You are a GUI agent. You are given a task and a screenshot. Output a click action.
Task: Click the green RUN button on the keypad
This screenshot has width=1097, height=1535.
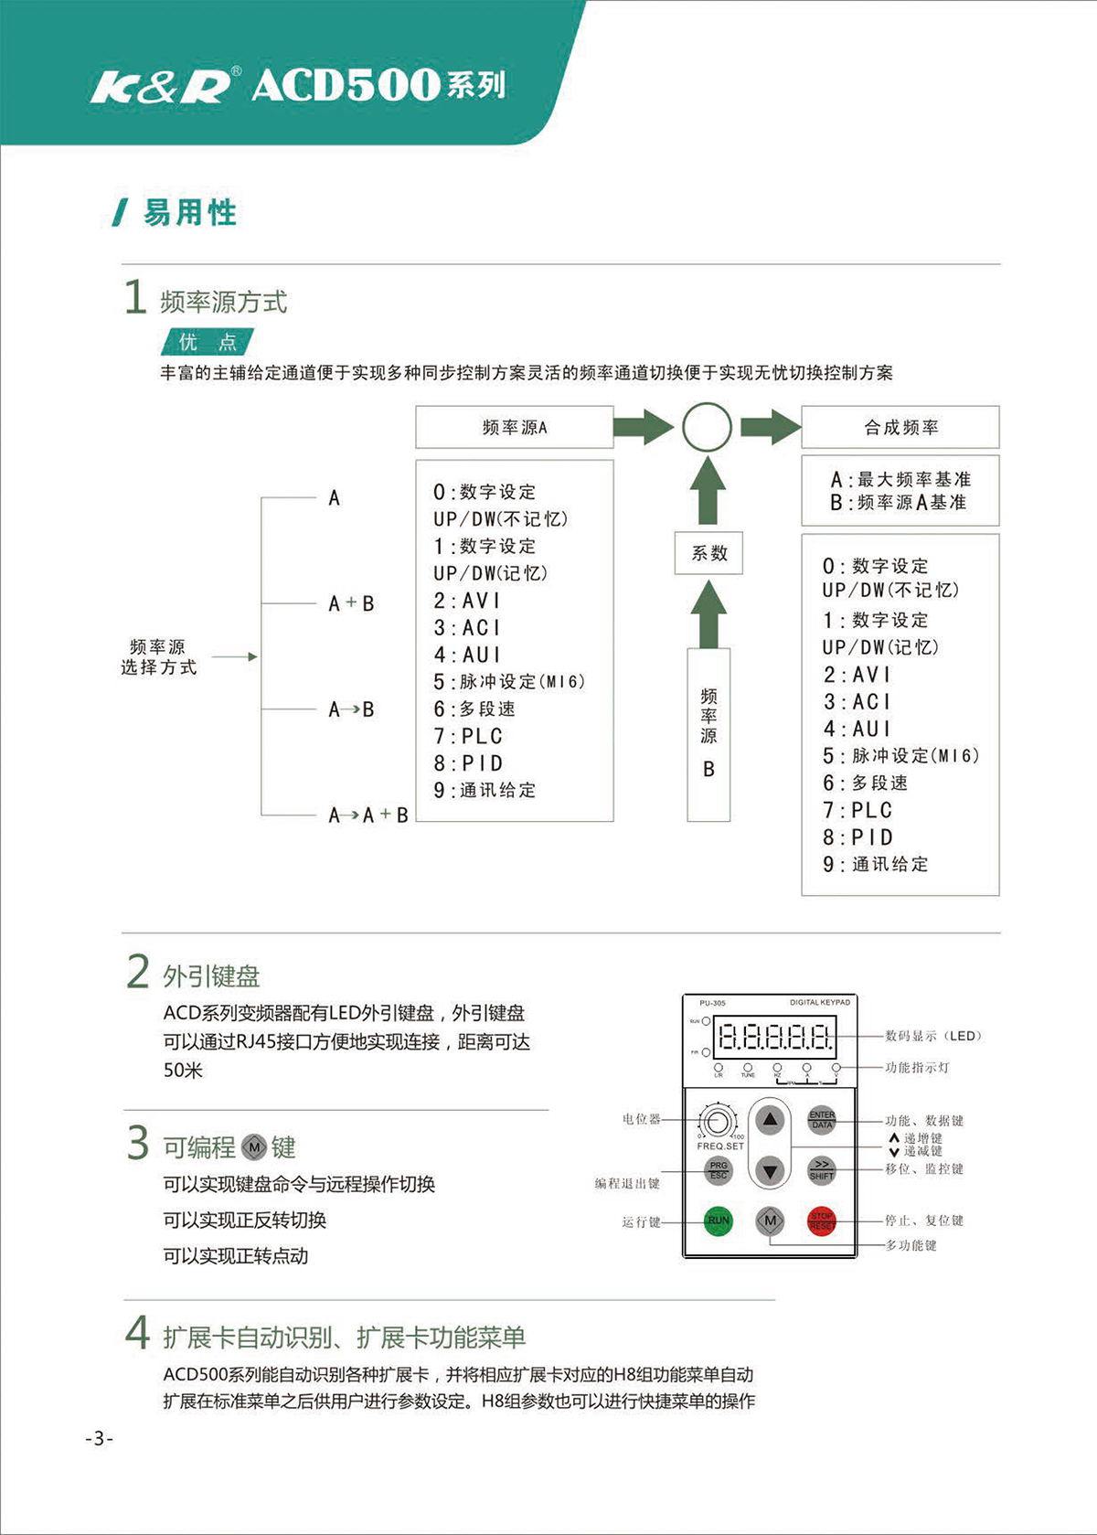pos(719,1220)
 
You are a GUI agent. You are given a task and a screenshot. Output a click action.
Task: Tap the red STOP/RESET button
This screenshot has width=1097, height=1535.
pos(821,1220)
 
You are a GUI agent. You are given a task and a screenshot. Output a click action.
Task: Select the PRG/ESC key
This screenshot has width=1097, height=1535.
pos(719,1169)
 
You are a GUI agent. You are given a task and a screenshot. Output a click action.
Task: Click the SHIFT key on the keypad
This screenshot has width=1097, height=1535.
pos(821,1169)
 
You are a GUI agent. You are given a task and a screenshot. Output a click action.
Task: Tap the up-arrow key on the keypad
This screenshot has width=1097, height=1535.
pos(770,1119)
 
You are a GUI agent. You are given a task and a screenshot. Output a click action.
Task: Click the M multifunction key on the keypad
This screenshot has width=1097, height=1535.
pos(770,1220)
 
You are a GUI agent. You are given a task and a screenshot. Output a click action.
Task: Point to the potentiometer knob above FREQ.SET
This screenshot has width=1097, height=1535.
pos(719,1120)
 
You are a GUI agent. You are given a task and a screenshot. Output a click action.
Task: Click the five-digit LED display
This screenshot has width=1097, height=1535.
pos(775,1037)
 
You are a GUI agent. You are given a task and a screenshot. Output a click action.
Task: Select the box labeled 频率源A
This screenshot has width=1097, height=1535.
pos(514,427)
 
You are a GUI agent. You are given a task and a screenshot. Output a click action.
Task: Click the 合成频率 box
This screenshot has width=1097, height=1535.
pos(900,427)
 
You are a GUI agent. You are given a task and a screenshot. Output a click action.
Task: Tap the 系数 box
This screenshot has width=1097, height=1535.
pos(708,553)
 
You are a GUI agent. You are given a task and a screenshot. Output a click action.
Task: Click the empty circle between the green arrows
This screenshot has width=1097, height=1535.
pos(707,427)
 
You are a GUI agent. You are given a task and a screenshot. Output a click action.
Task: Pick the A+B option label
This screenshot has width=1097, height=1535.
pos(351,603)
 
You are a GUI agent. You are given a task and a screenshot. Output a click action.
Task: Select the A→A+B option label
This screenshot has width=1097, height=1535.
pos(367,815)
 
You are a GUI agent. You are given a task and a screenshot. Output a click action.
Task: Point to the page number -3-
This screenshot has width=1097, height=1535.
pos(99,1438)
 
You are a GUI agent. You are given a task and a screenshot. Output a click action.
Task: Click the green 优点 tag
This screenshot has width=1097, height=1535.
pos(208,342)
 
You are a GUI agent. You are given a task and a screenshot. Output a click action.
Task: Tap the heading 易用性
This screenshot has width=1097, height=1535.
pos(189,213)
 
